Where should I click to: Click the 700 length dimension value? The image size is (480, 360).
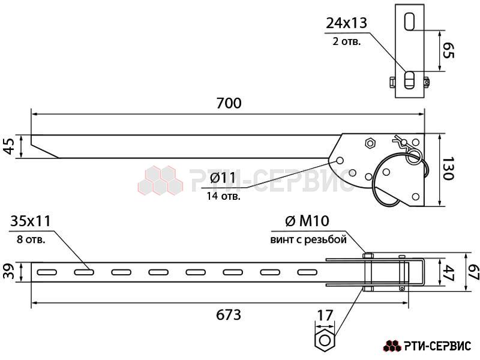229,103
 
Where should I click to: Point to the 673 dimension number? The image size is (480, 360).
229,314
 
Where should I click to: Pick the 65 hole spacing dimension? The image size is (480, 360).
449,50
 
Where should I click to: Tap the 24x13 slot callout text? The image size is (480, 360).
346,23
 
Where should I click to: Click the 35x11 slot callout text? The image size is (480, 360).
30,221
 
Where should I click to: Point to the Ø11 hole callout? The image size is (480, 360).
223,178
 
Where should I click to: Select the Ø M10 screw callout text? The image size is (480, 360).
307,221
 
